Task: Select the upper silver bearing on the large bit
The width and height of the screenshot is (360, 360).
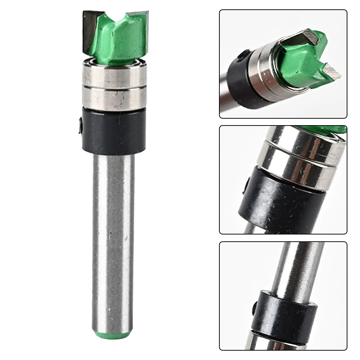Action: (x=114, y=75)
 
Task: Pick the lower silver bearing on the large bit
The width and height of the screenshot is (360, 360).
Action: (x=114, y=97)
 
